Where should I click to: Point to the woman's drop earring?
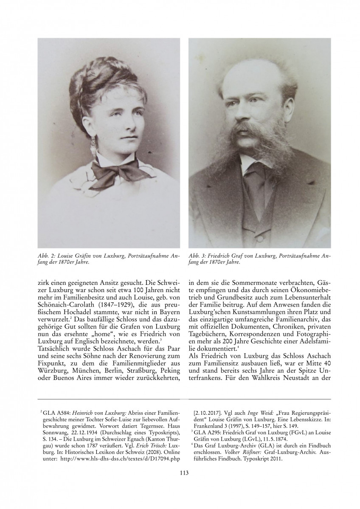92,149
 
